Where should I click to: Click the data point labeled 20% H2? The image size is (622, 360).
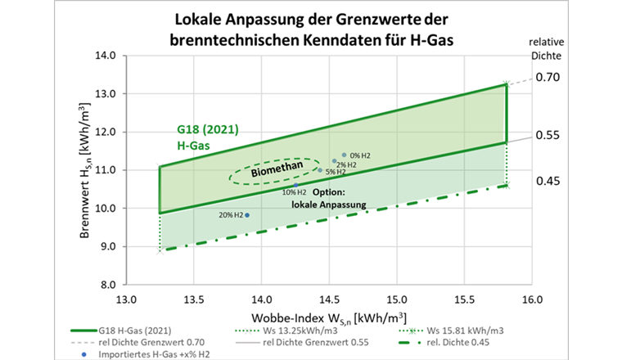[247, 215]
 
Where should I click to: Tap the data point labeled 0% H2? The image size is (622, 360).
[344, 154]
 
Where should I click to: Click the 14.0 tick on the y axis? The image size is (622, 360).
[106, 56]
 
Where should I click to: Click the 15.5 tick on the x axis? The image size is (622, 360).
[464, 299]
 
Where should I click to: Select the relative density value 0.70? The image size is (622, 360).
[547, 78]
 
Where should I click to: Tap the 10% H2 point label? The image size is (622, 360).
[295, 192]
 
